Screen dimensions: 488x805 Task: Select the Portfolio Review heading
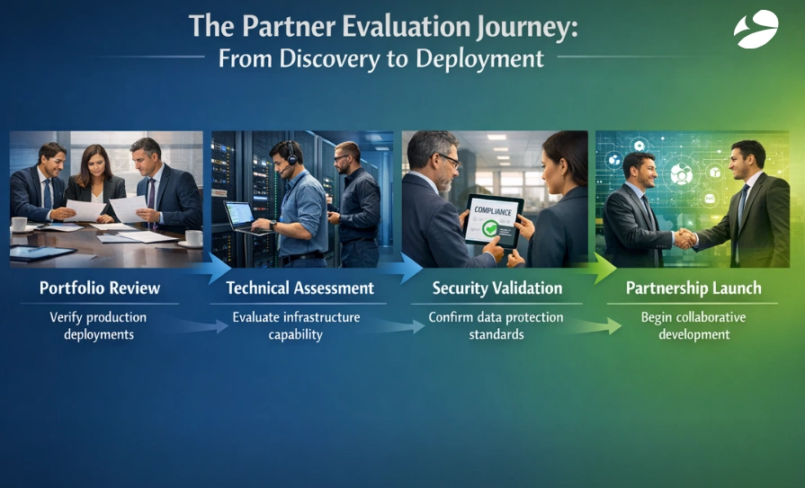coord(100,288)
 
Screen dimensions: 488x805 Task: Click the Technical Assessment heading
coord(300,288)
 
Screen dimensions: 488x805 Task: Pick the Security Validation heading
coord(497,288)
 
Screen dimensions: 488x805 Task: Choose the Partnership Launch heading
coord(693,288)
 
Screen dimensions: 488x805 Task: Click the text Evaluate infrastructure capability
coord(296,326)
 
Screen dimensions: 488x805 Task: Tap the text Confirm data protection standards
coord(496,326)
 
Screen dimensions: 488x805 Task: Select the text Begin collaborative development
coord(693,326)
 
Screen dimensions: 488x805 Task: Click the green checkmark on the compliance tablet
coord(490,228)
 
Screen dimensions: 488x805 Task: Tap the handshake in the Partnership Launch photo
coord(684,238)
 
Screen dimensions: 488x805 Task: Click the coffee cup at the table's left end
coord(19,224)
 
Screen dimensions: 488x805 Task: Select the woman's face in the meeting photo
coord(96,161)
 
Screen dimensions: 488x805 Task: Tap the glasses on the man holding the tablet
coord(448,159)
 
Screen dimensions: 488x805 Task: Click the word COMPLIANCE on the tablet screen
coord(489,211)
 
